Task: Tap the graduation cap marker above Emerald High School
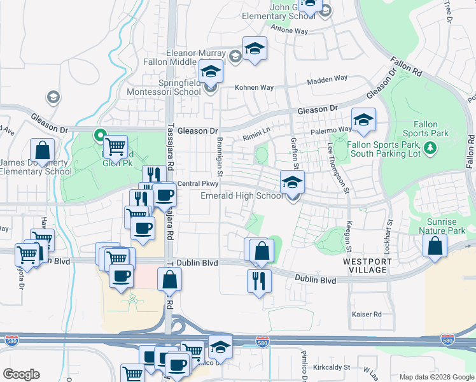pyautogui.click(x=292, y=182)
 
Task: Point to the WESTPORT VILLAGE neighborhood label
pyautogui.click(x=365, y=265)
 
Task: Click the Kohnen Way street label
pyautogui.click(x=254, y=88)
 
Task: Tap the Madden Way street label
pyautogui.click(x=327, y=79)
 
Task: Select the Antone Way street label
pyautogui.click(x=290, y=31)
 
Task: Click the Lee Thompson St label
pyautogui.click(x=339, y=167)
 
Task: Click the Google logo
pyautogui.click(x=21, y=374)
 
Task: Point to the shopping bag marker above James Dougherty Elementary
pyautogui.click(x=42, y=152)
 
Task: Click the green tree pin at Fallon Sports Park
pyautogui.click(x=431, y=148)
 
